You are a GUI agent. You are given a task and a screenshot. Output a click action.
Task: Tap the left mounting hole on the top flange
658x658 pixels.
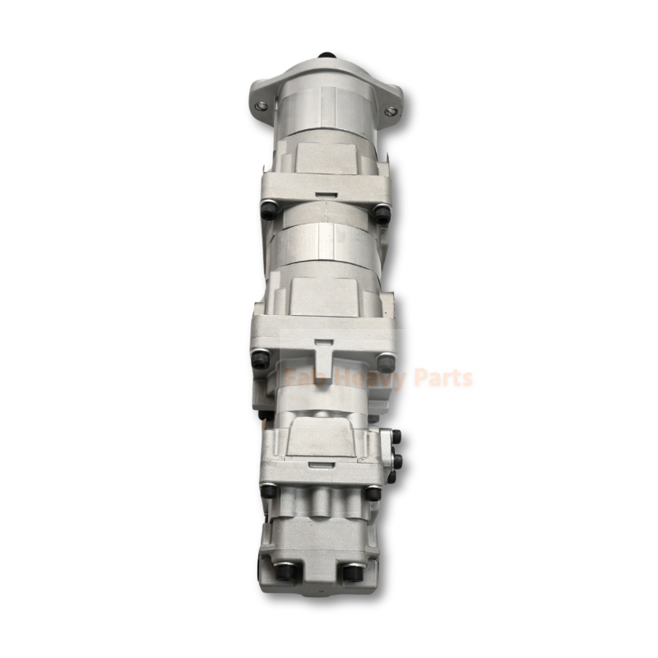262,106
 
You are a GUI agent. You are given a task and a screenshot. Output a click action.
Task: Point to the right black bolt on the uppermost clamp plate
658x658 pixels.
381,211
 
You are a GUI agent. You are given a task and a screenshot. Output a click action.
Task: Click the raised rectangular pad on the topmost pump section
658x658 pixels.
325,156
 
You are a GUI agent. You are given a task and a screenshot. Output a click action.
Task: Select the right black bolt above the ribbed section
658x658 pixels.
374,493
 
